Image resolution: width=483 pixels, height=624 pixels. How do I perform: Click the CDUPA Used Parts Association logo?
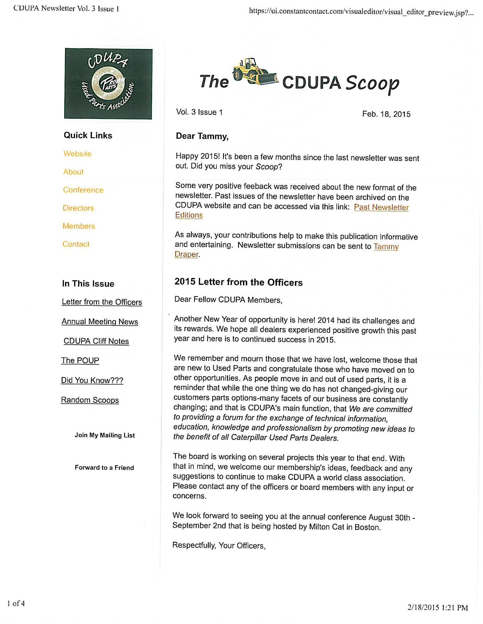click(108, 83)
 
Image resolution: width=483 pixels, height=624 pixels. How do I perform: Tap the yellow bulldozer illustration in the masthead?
click(255, 72)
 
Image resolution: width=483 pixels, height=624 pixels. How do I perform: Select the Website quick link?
click(77, 154)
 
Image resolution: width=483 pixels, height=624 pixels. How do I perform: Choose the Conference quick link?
click(83, 190)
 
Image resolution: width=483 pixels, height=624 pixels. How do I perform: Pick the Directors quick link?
click(78, 208)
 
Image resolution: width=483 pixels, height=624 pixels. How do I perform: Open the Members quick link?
click(79, 226)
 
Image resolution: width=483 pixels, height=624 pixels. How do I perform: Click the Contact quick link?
click(76, 244)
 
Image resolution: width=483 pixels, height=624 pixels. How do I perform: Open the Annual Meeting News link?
click(100, 322)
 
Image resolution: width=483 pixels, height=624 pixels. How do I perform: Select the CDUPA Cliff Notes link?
click(96, 341)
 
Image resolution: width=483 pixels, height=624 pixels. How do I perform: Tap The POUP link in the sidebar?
click(80, 360)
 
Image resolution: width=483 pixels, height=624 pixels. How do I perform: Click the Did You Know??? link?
click(92, 380)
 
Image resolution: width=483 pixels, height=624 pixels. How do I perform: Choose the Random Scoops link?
click(90, 400)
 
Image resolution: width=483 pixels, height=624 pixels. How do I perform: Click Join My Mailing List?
click(105, 435)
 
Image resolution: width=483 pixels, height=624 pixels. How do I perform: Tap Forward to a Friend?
click(104, 468)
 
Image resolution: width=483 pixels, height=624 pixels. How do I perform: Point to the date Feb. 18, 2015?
click(386, 114)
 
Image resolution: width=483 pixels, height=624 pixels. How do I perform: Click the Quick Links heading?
click(88, 135)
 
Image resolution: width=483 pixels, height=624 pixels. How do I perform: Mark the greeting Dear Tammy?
click(202, 136)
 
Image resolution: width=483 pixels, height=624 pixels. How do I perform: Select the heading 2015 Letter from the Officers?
click(238, 282)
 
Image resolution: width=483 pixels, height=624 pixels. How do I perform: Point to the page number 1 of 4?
click(16, 603)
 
